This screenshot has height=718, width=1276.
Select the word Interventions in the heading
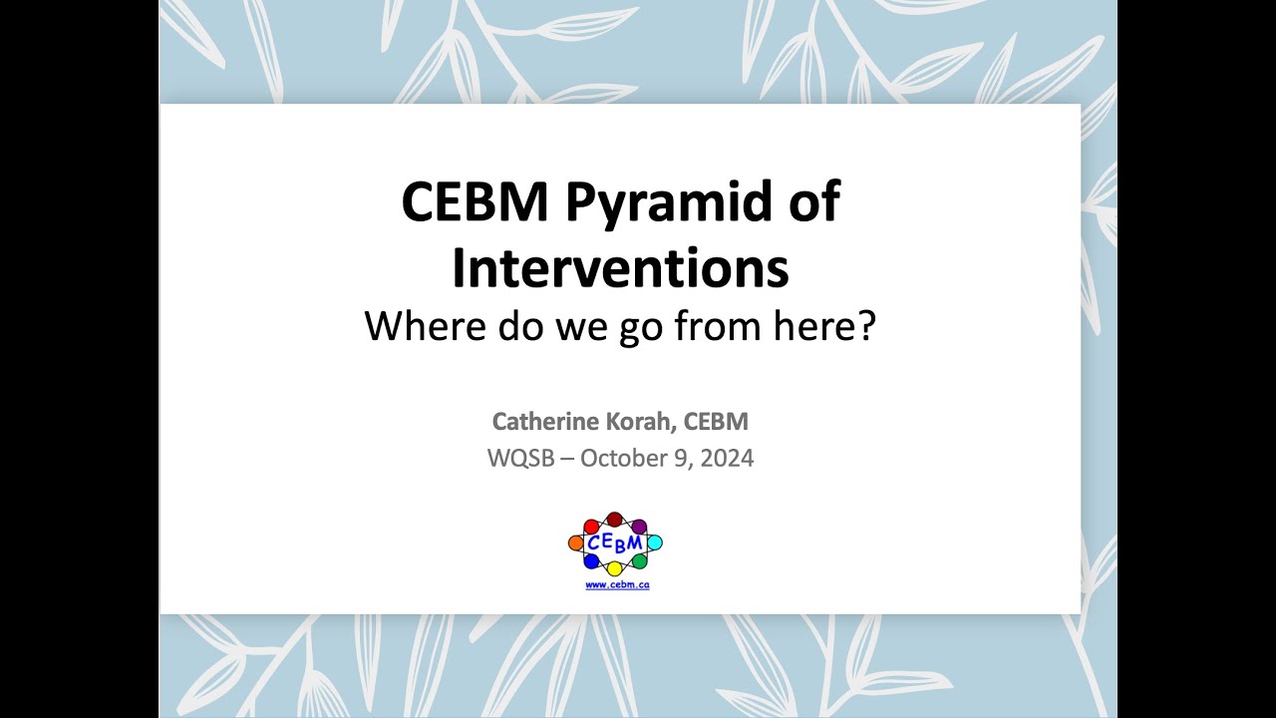[x=620, y=268]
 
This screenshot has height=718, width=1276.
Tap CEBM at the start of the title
[x=475, y=202]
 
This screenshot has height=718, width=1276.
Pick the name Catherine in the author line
[x=539, y=422]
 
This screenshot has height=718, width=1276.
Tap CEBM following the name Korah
[x=717, y=422]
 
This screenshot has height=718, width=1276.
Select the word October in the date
[x=625, y=459]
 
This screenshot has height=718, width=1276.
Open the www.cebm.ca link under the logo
[x=617, y=585]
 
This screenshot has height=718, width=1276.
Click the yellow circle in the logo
[x=615, y=568]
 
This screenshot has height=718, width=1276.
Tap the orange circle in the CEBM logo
[x=575, y=543]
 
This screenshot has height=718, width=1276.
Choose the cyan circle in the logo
[x=655, y=542]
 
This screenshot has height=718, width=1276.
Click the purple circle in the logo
[x=640, y=526]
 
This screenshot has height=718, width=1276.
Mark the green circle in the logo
[x=640, y=561]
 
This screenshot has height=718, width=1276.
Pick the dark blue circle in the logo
[x=591, y=561]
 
